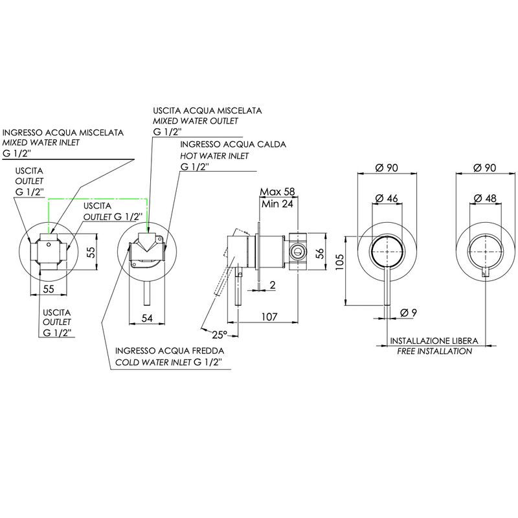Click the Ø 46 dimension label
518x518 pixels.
point(387,198)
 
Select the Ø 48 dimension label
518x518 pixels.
point(484,198)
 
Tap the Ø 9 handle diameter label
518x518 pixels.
point(409,312)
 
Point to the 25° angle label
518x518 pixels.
point(220,335)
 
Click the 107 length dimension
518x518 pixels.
point(269,317)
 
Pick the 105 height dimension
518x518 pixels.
point(340,262)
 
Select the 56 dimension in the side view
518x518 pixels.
point(320,253)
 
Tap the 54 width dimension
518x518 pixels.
point(147,318)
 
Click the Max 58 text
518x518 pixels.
point(277,192)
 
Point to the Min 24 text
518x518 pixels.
point(277,204)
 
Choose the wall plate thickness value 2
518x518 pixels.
point(273,285)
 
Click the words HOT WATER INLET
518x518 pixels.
point(214,156)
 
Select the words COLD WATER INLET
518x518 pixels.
point(153,363)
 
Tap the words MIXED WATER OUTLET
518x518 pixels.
point(196,121)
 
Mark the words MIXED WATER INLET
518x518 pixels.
point(41,142)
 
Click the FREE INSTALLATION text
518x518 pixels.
point(434,351)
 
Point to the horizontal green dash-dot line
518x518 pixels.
point(98,199)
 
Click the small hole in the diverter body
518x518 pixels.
point(49,245)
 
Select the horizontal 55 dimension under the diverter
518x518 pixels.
point(49,289)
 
